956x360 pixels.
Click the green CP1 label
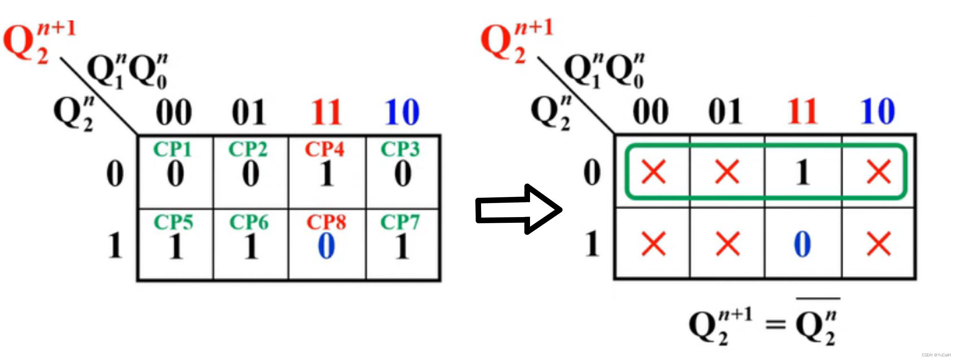[173, 149]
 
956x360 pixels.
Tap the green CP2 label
[248, 149]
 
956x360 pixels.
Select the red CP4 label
[325, 149]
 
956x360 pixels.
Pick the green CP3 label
[400, 149]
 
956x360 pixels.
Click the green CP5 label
[173, 222]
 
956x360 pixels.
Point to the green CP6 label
[249, 222]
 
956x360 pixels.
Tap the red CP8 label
[326, 222]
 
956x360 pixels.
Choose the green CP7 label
[400, 222]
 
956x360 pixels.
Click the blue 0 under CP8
[327, 246]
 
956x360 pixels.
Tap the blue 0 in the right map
[802, 244]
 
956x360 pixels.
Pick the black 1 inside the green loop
[802, 172]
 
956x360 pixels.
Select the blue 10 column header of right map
[878, 111]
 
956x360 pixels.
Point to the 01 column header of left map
[249, 112]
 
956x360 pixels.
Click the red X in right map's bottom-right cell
[879, 244]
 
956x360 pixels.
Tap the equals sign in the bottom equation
[776, 325]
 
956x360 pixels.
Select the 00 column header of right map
[651, 111]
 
